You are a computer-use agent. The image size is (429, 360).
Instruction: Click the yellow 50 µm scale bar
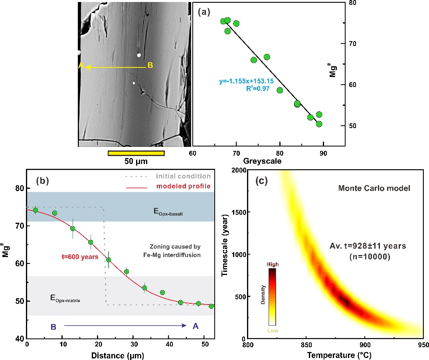136,153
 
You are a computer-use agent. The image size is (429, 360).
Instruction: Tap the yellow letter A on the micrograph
81,66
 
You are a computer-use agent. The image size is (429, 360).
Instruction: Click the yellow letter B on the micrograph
150,65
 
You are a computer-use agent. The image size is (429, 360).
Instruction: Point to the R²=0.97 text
258,89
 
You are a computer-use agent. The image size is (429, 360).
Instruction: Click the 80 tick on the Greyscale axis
280,153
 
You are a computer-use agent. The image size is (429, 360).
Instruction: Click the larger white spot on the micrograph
139,55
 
